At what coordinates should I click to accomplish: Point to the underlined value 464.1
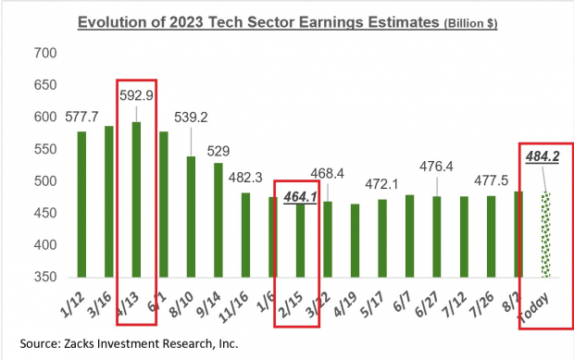300,196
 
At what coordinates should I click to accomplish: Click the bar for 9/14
218,219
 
